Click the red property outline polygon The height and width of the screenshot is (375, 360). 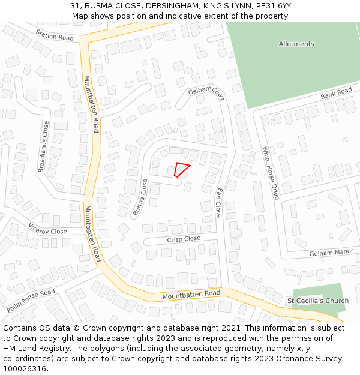click(x=181, y=169)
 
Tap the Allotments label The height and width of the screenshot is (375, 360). click(x=296, y=44)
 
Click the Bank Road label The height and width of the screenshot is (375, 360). click(x=336, y=94)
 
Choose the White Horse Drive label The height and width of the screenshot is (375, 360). click(x=271, y=173)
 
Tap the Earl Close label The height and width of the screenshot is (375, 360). click(x=219, y=202)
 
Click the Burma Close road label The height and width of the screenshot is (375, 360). click(x=140, y=197)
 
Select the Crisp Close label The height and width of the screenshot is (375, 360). click(x=184, y=239)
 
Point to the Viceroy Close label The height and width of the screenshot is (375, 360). click(x=48, y=229)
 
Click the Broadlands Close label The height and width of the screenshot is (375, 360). click(x=44, y=147)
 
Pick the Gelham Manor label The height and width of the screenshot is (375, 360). click(x=331, y=253)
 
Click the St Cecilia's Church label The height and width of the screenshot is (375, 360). click(x=317, y=301)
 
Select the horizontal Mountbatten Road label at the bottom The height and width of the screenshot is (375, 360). click(x=191, y=295)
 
